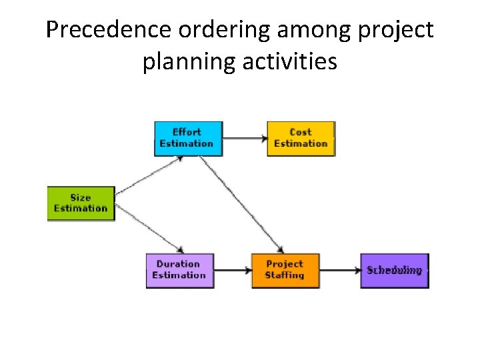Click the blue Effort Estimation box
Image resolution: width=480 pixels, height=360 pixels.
(188, 139)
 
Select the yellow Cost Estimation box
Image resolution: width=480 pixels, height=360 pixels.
(301, 139)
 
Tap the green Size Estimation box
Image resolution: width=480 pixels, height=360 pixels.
(81, 203)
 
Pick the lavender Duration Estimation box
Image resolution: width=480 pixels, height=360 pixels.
(179, 270)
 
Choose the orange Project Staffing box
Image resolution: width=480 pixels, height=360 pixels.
(285, 270)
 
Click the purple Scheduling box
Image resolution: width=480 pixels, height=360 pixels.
(394, 270)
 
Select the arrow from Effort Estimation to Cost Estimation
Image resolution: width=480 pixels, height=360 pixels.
(245, 139)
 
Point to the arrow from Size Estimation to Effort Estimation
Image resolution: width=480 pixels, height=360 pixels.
(149, 176)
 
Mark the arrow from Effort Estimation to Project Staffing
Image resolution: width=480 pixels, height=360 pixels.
(243, 204)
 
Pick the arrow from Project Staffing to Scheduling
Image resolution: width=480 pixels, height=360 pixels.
(339, 271)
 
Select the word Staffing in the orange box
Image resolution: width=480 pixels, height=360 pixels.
(285, 275)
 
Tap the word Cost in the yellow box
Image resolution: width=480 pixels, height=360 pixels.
(301, 132)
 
